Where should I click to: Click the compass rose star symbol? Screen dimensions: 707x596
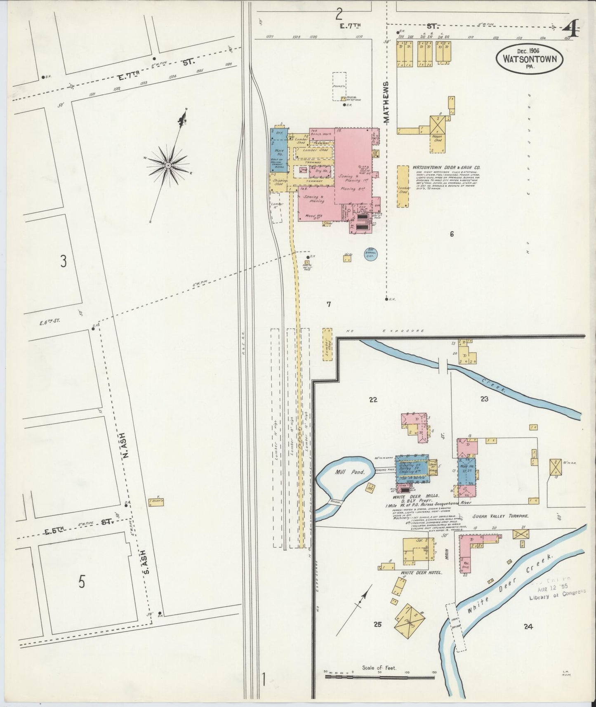168,165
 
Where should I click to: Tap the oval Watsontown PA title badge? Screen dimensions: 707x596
529,59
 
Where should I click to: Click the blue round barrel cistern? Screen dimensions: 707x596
370,254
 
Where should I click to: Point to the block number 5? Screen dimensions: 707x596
82,582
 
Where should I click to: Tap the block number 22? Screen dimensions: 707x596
373,399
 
